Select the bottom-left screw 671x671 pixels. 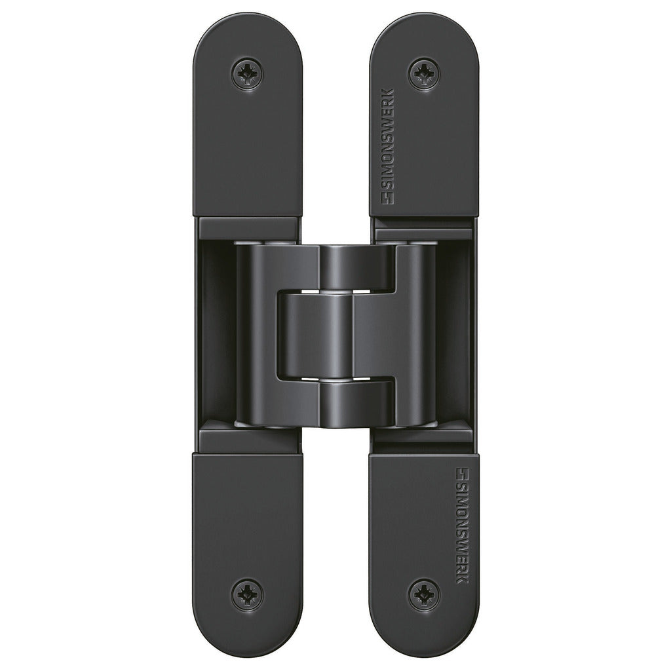[x=247, y=595]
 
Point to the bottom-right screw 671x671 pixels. [x=424, y=595]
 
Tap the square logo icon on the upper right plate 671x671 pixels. [x=388, y=199]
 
